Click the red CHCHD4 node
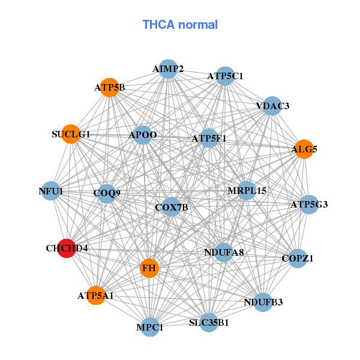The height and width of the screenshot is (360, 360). click(67, 248)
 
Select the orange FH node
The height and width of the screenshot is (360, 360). click(149, 268)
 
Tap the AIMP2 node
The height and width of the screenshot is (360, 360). click(168, 69)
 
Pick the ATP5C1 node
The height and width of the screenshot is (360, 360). click(225, 76)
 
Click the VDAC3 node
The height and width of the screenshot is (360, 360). click(272, 106)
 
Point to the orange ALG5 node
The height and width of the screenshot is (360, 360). click(304, 149)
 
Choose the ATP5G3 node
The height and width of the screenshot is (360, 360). click(309, 205)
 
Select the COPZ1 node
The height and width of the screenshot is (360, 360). click(298, 258)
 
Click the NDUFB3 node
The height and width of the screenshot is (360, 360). click(263, 302)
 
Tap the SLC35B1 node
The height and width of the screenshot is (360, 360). click(209, 322)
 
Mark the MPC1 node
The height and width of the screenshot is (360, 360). click(149, 327)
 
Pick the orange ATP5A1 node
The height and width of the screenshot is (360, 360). click(96, 295)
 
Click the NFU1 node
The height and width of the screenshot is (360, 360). click(51, 191)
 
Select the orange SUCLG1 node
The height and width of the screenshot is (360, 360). click(71, 134)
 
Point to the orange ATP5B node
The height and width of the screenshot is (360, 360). click(110, 88)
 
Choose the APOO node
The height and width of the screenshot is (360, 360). click(143, 135)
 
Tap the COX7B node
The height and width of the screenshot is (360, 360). click(171, 207)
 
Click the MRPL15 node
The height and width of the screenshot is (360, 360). click(247, 190)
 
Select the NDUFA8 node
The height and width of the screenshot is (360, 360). click(224, 253)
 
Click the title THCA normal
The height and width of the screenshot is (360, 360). click(180, 25)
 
